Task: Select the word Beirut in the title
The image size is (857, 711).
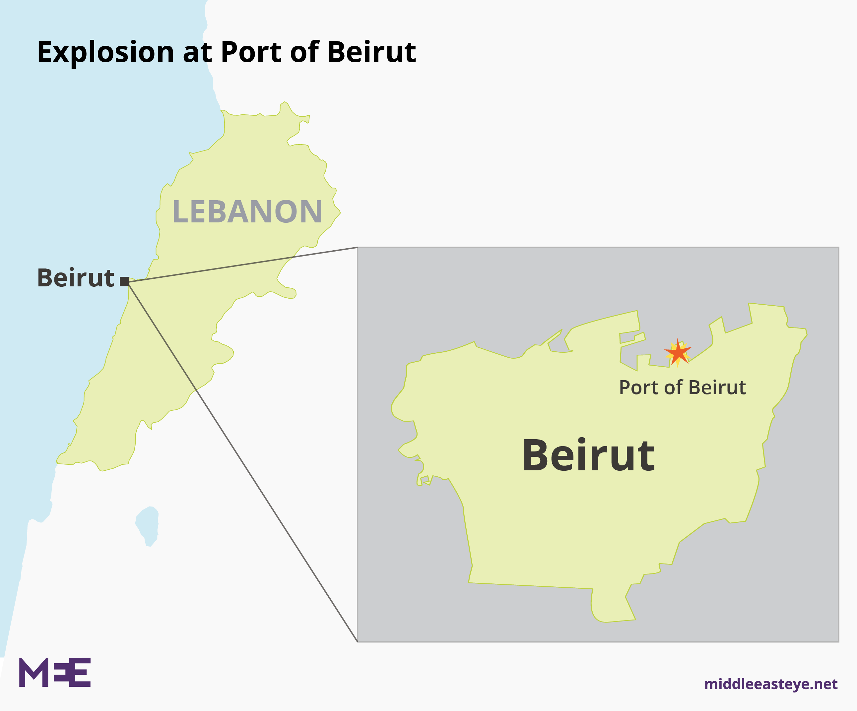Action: point(371,52)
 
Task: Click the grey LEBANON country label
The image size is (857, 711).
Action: point(247,212)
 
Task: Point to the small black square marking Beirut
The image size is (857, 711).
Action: point(124,281)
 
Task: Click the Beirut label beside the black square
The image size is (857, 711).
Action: point(76,278)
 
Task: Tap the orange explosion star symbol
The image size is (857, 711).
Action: point(678,352)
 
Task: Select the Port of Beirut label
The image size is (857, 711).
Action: point(682,387)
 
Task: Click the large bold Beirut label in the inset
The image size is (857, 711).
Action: point(588,456)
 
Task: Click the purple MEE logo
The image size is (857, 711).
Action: point(55,672)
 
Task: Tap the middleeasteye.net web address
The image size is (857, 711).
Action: point(771,684)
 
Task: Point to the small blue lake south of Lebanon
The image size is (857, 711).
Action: point(147,526)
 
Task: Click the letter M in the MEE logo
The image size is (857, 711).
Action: point(34,672)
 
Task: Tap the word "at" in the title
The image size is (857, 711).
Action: point(198,52)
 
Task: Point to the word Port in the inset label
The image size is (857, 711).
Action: point(639,387)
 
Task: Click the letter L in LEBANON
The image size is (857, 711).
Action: point(179,212)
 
